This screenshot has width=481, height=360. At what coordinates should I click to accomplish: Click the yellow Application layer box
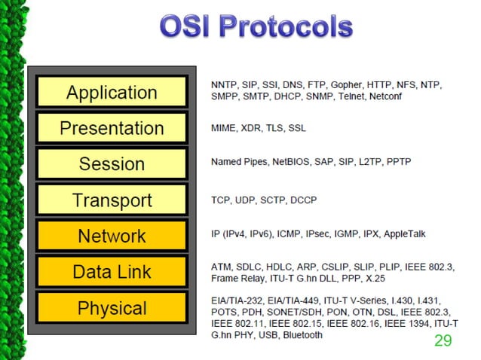[111, 93]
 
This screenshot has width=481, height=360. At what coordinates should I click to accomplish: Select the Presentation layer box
[111, 128]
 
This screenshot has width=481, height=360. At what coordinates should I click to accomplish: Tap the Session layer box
[111, 164]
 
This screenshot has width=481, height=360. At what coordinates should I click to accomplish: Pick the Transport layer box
[111, 200]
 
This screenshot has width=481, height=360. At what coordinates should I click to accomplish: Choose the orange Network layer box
[111, 236]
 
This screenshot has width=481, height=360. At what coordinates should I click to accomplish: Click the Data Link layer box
[111, 272]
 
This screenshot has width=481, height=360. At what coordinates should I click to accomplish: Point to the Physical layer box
[111, 308]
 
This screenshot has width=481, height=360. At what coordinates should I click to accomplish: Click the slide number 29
[443, 341]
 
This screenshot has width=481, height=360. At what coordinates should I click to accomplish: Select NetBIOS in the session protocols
[294, 162]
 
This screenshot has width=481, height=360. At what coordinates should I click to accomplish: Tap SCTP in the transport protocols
[286, 200]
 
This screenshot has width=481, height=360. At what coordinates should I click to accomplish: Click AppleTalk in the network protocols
[405, 234]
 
